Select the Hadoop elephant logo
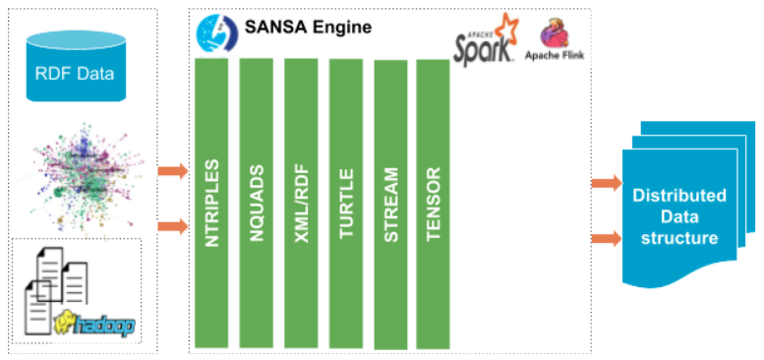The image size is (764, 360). pyautogui.click(x=94, y=322)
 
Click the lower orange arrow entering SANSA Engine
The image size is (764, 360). pyautogui.click(x=172, y=226)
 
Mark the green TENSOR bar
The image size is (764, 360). pyautogui.click(x=434, y=202)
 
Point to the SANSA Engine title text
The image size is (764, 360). pyautogui.click(x=299, y=28)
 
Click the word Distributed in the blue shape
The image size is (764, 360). pyautogui.click(x=678, y=195)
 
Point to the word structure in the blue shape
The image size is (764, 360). pyautogui.click(x=678, y=237)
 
